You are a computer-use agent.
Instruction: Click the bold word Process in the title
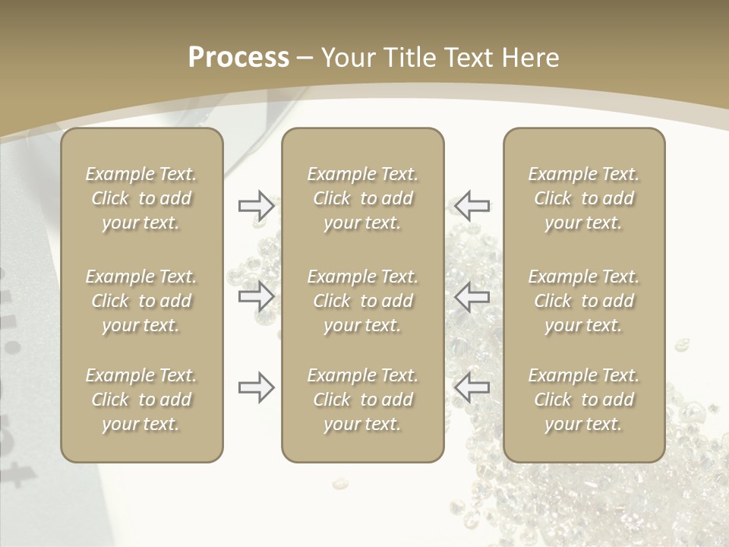point(238,58)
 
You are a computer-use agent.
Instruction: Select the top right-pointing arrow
point(256,205)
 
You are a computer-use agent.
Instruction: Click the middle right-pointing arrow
point(256,296)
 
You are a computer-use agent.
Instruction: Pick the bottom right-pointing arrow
point(256,387)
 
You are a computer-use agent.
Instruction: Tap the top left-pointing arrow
point(472,205)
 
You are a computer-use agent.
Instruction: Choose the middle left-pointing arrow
point(472,296)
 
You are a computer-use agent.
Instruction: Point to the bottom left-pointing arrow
point(472,387)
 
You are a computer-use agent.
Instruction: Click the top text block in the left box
point(141,198)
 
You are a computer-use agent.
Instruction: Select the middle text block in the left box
point(141,301)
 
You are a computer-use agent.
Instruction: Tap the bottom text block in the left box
point(141,400)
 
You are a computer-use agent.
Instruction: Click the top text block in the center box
point(363,198)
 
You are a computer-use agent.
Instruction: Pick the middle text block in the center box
point(363,301)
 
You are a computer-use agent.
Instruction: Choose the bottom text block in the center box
point(363,400)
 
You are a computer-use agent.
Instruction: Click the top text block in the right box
point(584,198)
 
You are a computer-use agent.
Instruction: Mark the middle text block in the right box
point(584,301)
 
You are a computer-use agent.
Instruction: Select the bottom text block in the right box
point(584,400)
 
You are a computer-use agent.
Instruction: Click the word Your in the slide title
point(347,58)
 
